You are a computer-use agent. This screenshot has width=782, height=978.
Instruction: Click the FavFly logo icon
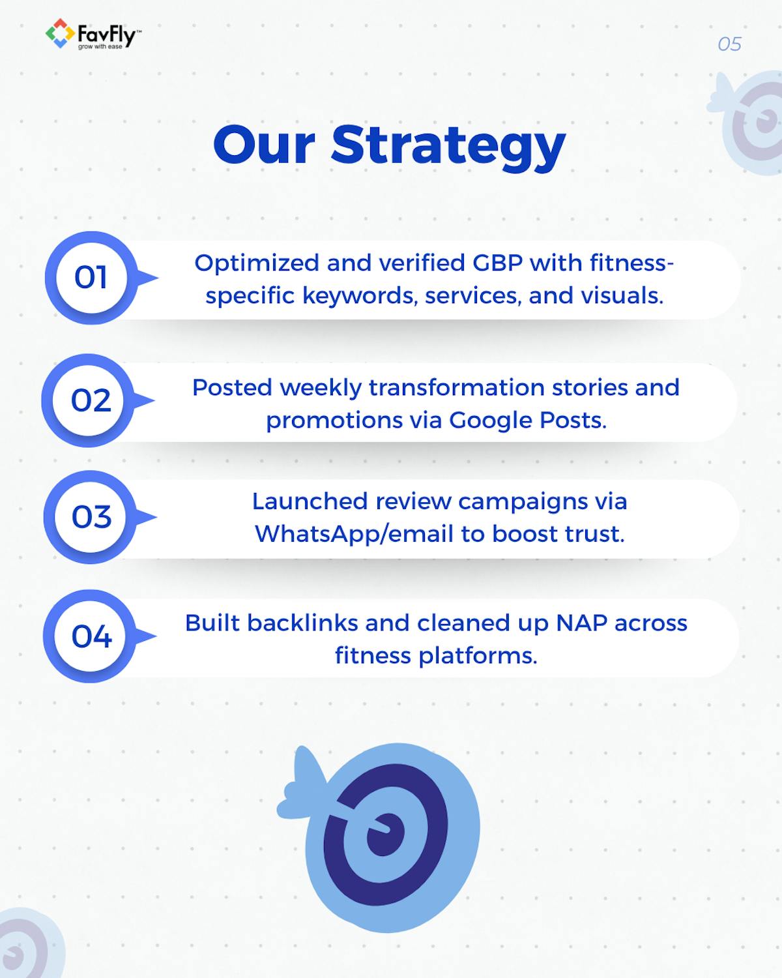click(59, 33)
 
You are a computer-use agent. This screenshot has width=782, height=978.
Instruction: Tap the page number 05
click(729, 44)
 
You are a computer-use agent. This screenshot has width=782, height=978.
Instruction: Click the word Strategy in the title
click(448, 145)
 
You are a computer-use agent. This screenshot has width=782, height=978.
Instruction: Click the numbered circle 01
click(91, 278)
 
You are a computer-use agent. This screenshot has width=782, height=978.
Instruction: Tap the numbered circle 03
click(91, 517)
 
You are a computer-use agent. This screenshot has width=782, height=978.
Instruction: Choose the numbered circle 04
click(91, 636)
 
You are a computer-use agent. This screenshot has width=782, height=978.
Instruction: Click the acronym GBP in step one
click(495, 263)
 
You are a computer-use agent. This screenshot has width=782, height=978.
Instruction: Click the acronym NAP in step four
click(581, 623)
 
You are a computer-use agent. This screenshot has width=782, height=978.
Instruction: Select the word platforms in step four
click(477, 656)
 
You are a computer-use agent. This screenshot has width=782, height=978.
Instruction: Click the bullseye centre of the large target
click(386, 833)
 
